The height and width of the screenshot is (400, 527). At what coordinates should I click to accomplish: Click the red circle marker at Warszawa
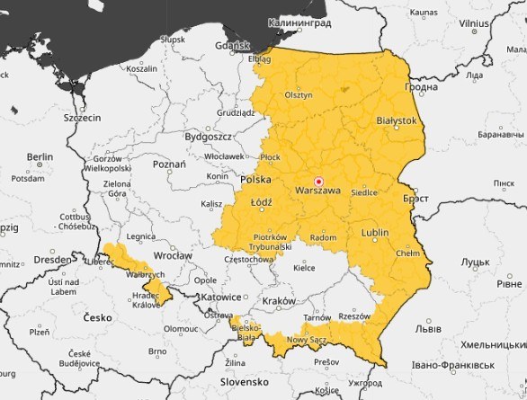click(317, 181)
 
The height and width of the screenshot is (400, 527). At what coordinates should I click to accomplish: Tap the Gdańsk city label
click(233, 45)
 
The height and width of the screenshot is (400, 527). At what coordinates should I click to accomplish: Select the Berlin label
click(40, 156)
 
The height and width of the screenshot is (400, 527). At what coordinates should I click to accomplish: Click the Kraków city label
click(279, 300)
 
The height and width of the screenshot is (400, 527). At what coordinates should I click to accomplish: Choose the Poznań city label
click(169, 165)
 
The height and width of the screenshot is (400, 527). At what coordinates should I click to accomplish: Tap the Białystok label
click(397, 120)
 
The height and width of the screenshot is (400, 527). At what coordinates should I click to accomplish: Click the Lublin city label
click(374, 233)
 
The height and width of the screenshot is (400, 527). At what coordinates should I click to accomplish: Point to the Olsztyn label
click(298, 94)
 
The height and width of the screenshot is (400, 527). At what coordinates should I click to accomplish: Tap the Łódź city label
click(261, 203)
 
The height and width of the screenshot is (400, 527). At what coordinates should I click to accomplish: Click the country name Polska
click(256, 180)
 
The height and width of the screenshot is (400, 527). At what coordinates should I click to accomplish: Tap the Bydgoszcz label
click(209, 137)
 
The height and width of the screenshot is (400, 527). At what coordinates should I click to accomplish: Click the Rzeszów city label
click(354, 316)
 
